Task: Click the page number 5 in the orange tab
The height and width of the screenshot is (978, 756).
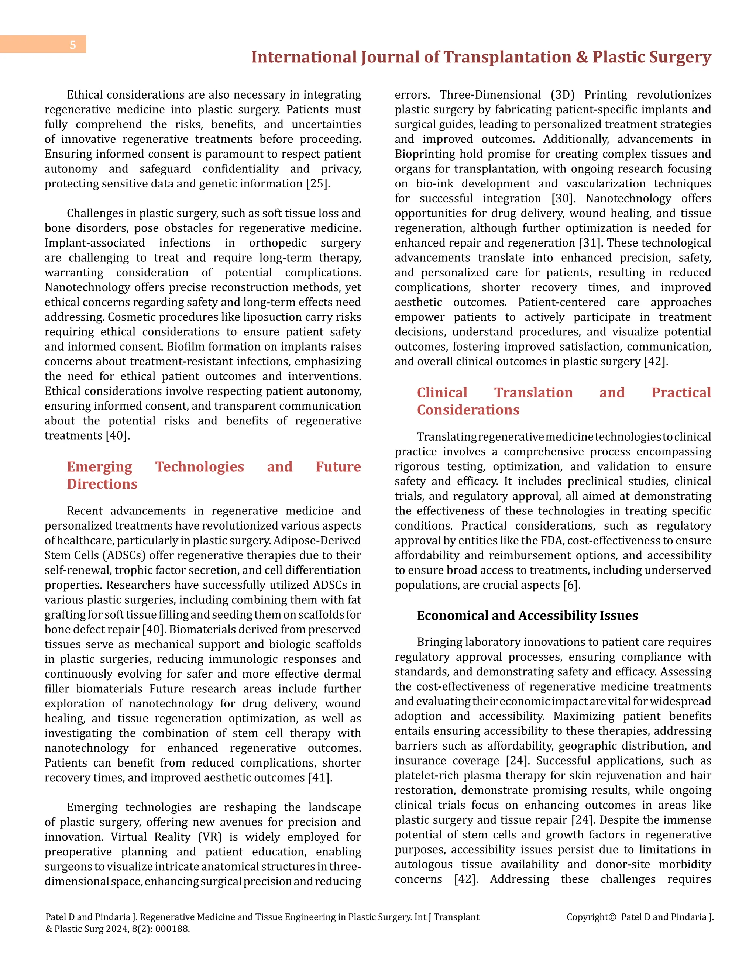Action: click(x=73, y=45)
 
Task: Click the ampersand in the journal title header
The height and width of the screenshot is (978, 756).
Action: click(x=582, y=57)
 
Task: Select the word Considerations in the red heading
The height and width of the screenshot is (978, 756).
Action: click(x=468, y=410)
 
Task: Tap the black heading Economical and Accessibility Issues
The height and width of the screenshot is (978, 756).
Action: click(x=527, y=616)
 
